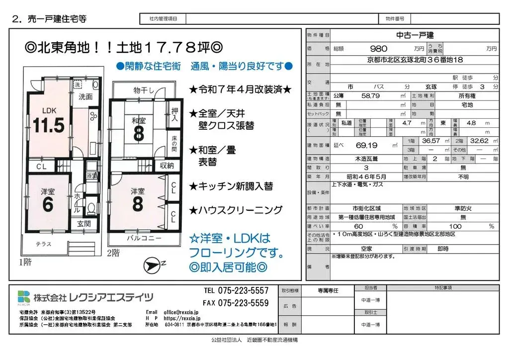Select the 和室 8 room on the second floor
tap(138, 127)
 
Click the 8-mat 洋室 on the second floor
tap(138, 199)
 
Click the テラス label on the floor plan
tap(43, 244)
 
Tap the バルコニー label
tap(144, 238)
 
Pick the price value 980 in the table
tap(379, 49)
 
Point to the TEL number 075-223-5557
tap(236, 290)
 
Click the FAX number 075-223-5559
tap(236, 303)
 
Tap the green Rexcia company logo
tap(23, 297)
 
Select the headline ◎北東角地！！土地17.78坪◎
tap(124, 48)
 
